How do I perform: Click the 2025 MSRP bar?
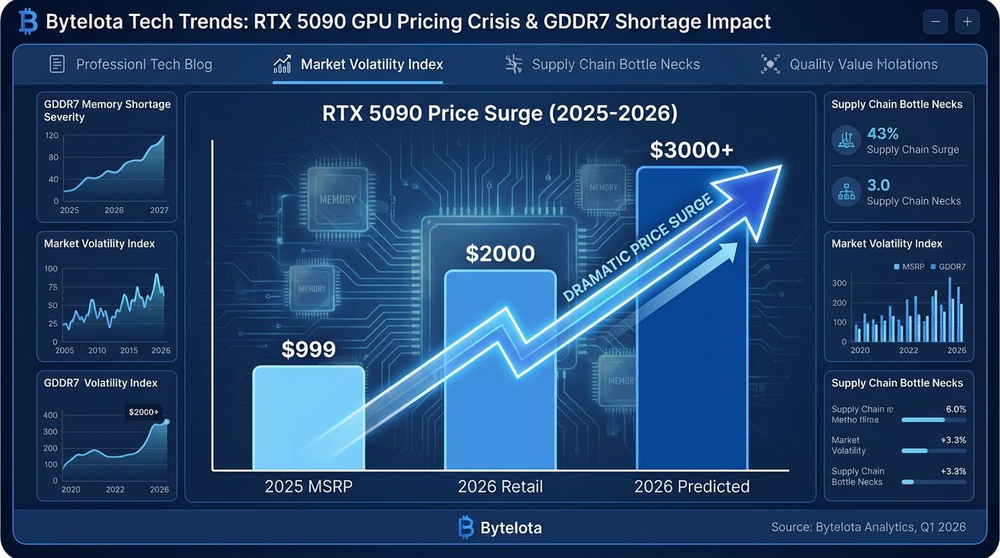pos(308,418)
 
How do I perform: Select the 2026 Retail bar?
pos(499,371)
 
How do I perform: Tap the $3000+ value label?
pos(691,150)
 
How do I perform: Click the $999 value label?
pos(308,349)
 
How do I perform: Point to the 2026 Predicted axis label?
pos(691,487)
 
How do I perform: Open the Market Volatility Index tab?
pos(358,65)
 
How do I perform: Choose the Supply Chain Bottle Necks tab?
pos(602,65)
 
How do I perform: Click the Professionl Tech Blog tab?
pos(131,65)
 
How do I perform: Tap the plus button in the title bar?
pos(967,23)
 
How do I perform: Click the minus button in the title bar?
pos(935,23)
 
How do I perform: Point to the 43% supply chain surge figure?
pos(883,134)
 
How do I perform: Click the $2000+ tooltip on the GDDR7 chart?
pos(144,412)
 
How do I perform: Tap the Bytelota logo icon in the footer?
pos(466,527)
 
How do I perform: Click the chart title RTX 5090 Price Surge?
pos(499,114)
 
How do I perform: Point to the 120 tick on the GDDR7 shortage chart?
pos(52,136)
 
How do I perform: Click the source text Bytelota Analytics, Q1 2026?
pos(868,527)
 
